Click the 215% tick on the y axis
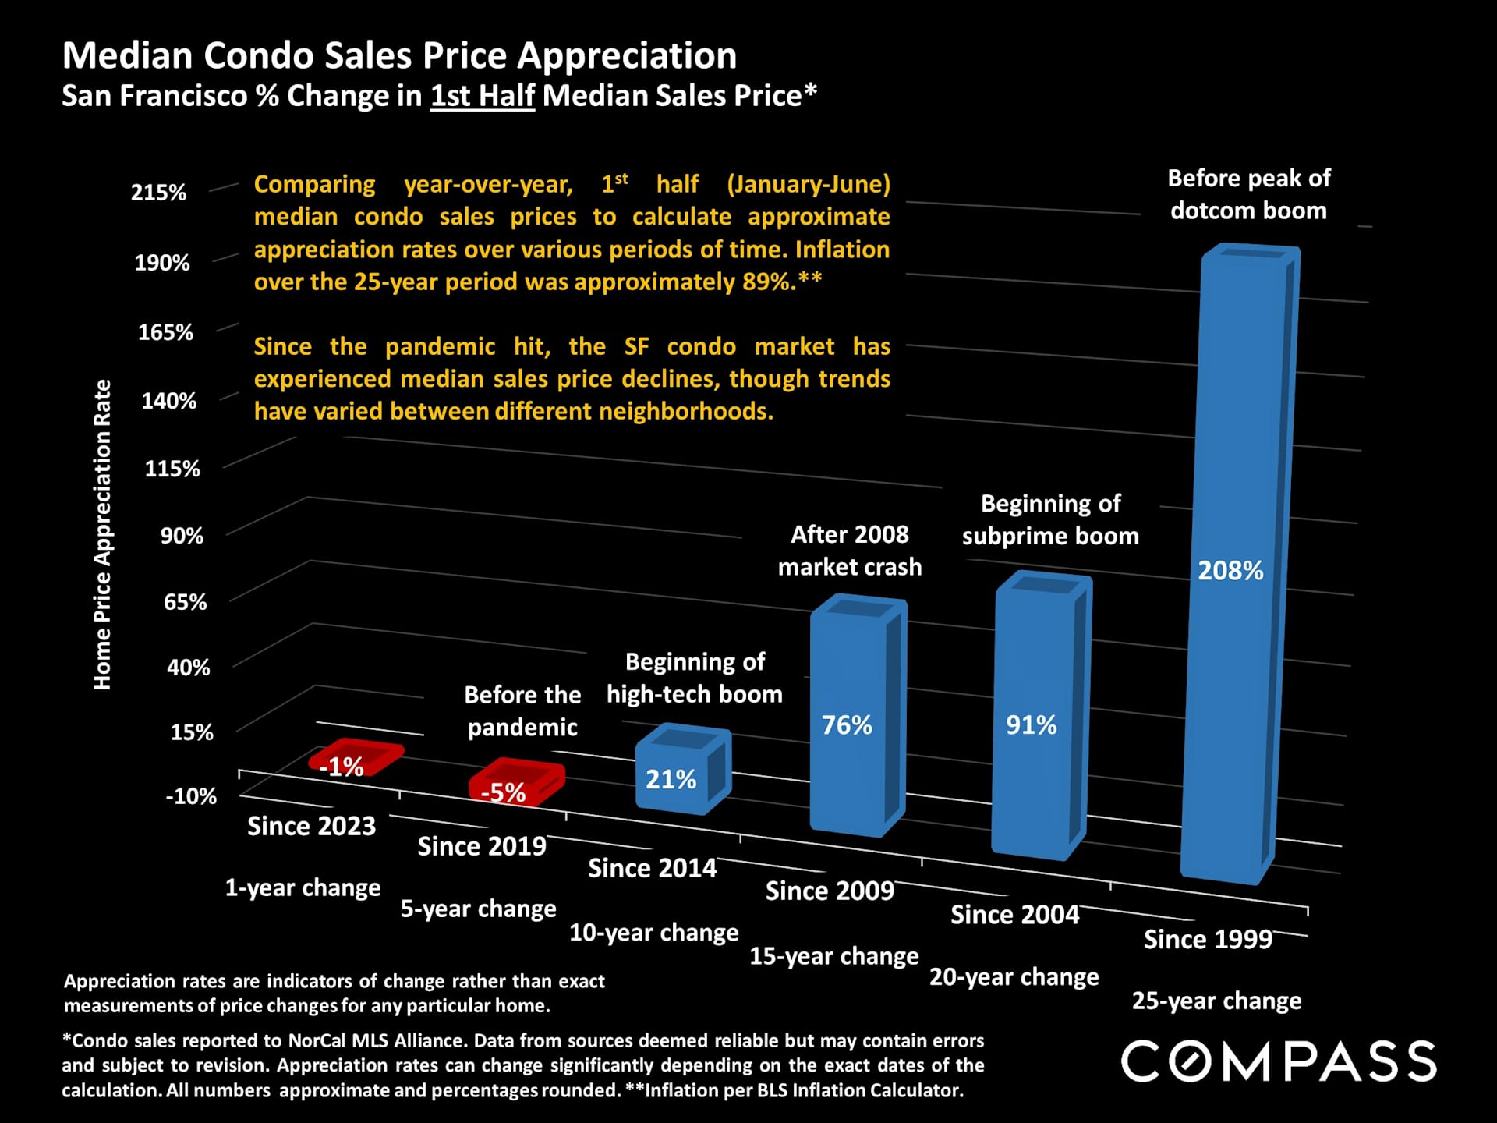(158, 193)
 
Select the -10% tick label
(190, 796)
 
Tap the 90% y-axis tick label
(182, 536)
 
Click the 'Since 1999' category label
(1208, 940)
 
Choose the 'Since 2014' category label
(652, 868)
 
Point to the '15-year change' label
(833, 956)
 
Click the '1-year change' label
(303, 887)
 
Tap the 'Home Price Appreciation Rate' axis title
(102, 535)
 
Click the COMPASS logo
(1279, 1061)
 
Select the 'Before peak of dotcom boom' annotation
(1248, 194)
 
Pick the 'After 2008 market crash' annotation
(849, 551)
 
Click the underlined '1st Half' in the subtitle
(482, 96)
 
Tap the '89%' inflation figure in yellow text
(766, 282)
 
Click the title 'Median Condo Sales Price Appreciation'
(399, 56)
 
